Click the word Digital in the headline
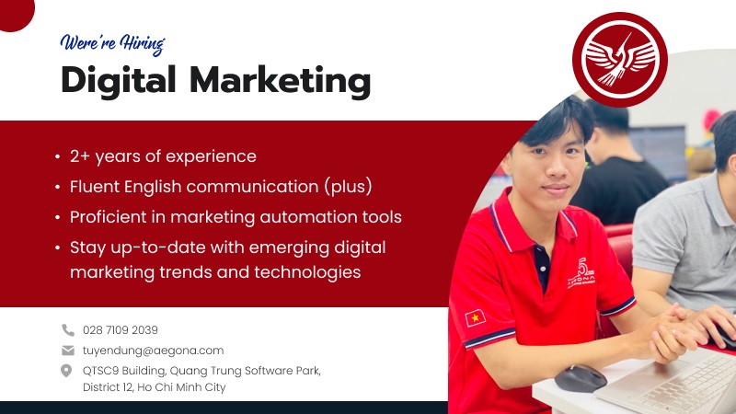[x=119, y=80]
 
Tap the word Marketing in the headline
[x=281, y=81]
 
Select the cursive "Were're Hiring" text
[x=112, y=44]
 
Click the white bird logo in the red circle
[x=620, y=60]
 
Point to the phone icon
[x=68, y=330]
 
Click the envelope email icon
[x=68, y=351]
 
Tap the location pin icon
[x=66, y=371]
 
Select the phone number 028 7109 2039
[x=121, y=330]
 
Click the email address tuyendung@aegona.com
[x=153, y=351]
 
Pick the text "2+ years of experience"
[x=163, y=156]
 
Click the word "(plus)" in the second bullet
[x=348, y=187]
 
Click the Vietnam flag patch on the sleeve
[x=475, y=318]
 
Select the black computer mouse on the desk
[x=581, y=378]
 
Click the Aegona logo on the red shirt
[x=581, y=272]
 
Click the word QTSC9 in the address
[x=100, y=371]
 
